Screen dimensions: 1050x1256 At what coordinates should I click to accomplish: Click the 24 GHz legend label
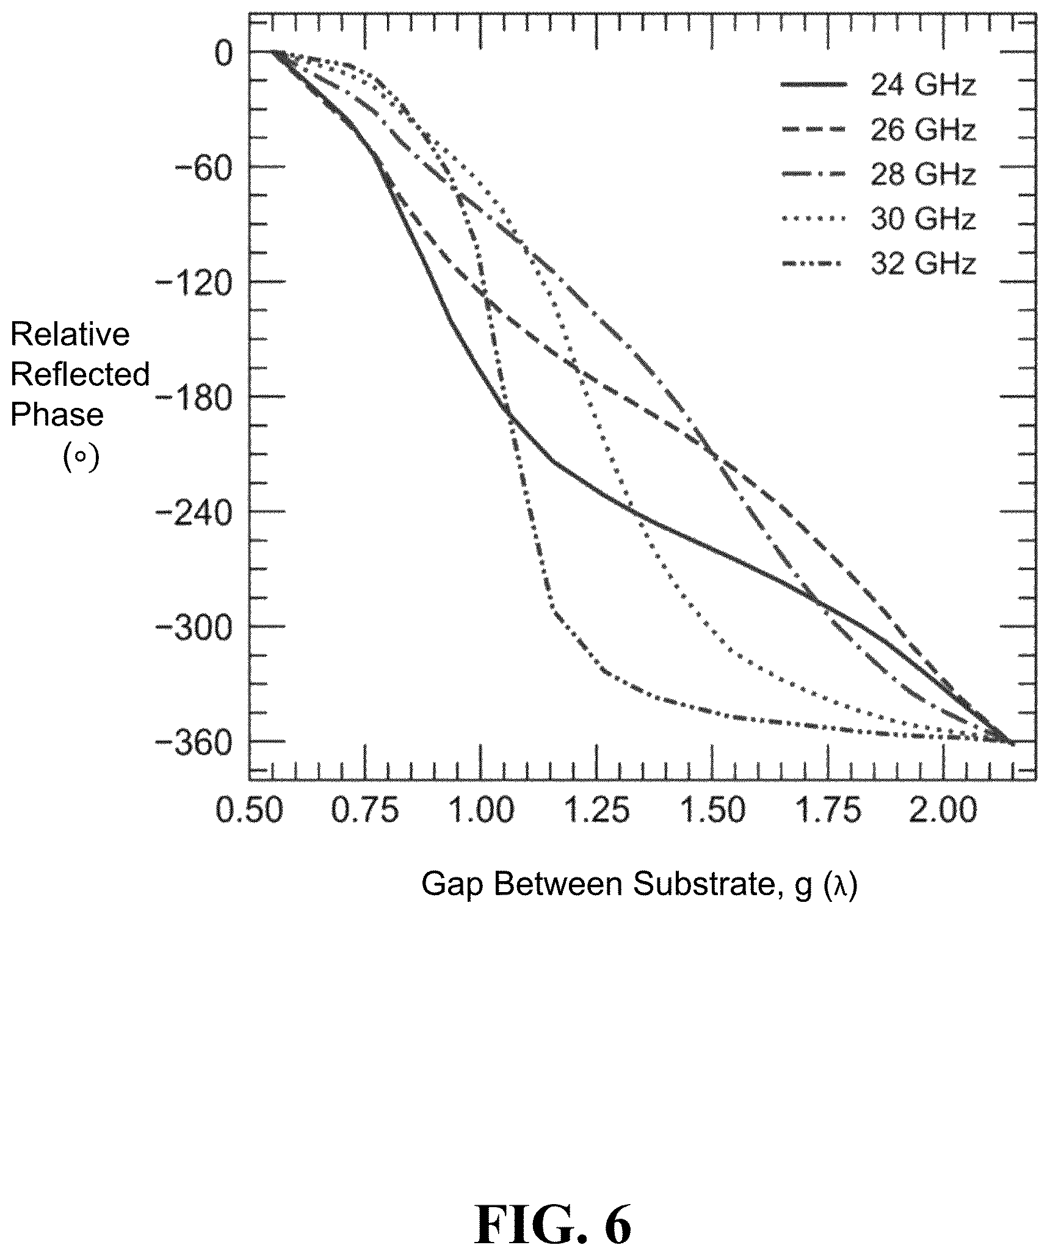(923, 85)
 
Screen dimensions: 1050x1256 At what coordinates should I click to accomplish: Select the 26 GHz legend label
(923, 129)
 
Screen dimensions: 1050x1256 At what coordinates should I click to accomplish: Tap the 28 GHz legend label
(923, 174)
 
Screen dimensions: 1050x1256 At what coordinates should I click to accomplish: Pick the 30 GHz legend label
(923, 219)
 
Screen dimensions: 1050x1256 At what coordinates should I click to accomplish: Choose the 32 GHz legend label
(923, 264)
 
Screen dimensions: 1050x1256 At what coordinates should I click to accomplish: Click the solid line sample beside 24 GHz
(814, 85)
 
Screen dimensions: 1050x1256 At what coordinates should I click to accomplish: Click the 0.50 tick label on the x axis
(250, 811)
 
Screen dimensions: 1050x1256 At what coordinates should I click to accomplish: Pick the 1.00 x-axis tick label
(481, 811)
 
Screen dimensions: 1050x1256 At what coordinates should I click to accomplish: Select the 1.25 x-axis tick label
(596, 811)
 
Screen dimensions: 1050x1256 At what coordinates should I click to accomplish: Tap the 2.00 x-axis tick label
(943, 811)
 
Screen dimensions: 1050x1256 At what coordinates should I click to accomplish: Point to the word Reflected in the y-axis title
(80, 374)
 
